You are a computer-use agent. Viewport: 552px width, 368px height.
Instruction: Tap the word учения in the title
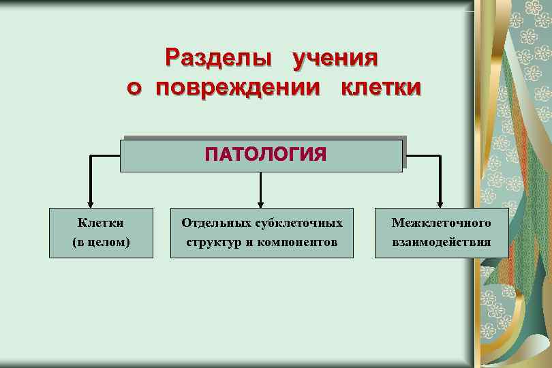point(335,59)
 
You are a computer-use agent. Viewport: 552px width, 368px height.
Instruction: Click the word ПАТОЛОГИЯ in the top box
point(266,154)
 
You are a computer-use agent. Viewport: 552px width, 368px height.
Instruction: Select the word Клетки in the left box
point(101,223)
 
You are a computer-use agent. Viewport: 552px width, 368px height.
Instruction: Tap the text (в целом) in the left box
point(101,242)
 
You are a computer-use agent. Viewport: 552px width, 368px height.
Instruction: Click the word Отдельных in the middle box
point(216,223)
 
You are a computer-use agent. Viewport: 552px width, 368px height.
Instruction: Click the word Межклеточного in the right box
point(441,223)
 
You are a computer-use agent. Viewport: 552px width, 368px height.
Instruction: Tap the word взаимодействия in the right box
point(441,242)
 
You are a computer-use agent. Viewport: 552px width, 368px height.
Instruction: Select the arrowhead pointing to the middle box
point(260,203)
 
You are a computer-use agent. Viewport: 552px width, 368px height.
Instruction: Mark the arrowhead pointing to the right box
point(440,203)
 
